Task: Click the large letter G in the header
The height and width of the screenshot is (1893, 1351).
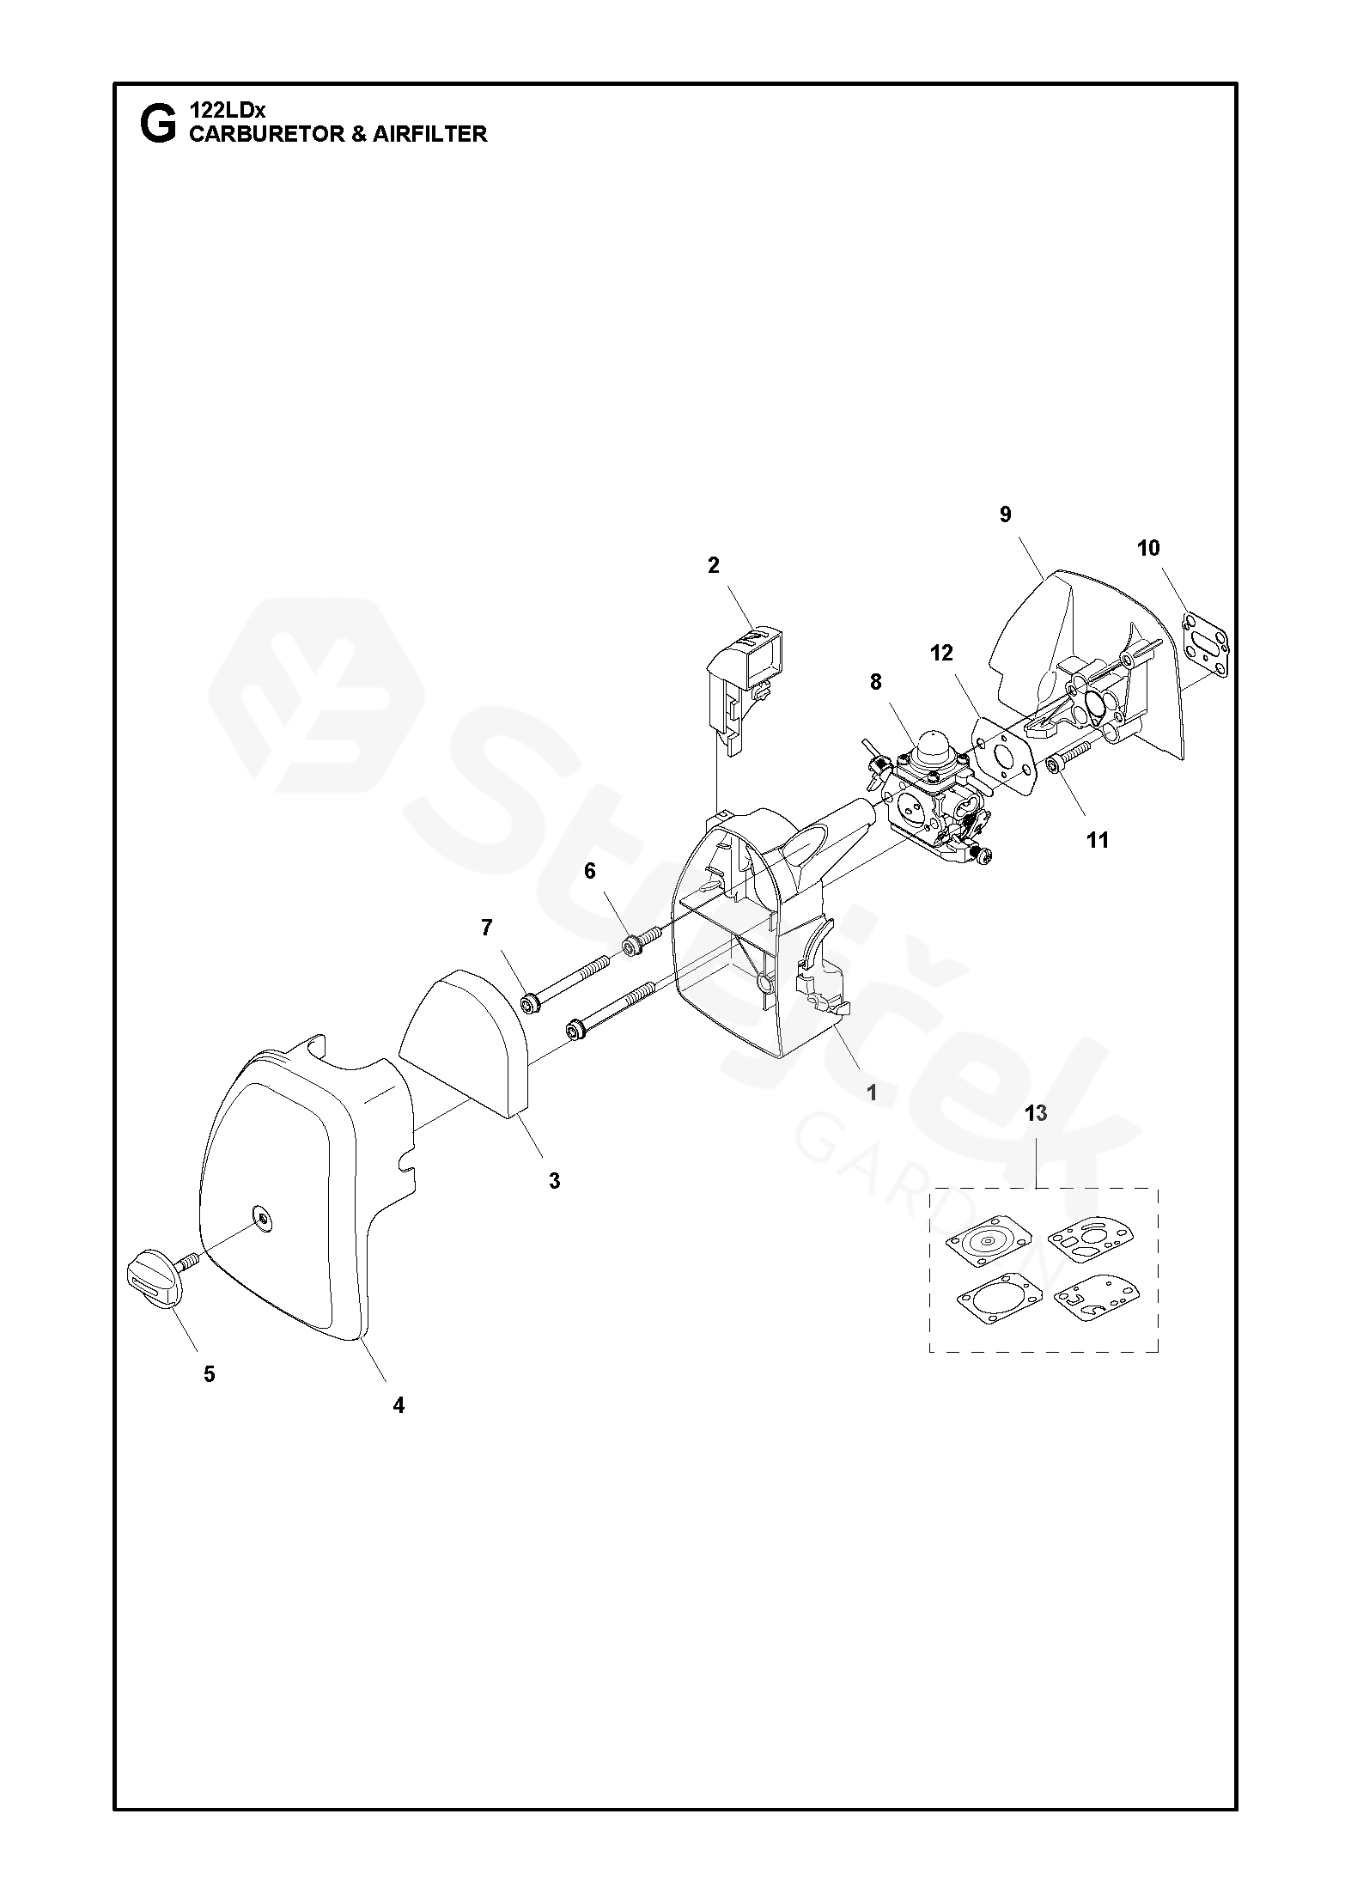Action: [157, 125]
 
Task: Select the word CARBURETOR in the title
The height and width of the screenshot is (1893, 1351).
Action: [266, 134]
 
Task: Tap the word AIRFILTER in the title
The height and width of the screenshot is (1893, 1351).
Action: [429, 134]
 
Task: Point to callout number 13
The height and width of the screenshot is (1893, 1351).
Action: [1036, 1113]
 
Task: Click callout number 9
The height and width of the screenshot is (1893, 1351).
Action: [1005, 514]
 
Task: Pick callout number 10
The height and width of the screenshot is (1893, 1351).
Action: [1148, 548]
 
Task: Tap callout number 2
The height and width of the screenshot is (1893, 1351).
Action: [714, 565]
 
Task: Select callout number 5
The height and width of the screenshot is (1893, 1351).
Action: [210, 1374]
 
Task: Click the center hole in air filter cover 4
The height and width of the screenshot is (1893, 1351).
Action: [259, 1213]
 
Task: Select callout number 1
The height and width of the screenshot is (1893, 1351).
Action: [872, 1093]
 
